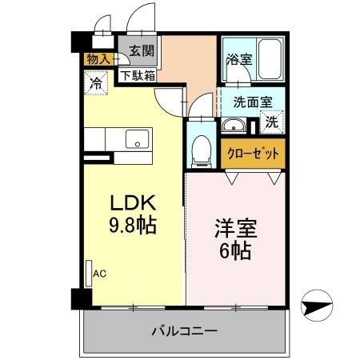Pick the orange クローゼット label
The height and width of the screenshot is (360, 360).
(x=254, y=153)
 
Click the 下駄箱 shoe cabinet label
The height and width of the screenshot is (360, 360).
(x=138, y=76)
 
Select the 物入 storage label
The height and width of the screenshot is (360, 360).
(x=98, y=59)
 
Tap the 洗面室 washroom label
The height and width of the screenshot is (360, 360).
(x=254, y=102)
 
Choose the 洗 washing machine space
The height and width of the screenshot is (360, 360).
(x=273, y=122)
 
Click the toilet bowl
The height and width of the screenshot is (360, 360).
(x=202, y=148)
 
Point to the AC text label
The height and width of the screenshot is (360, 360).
(x=100, y=274)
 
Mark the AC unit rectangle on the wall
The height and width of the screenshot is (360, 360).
(x=89, y=273)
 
